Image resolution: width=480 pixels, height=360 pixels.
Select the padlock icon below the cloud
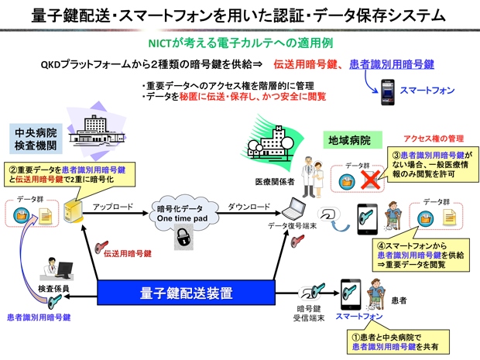[183, 240]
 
